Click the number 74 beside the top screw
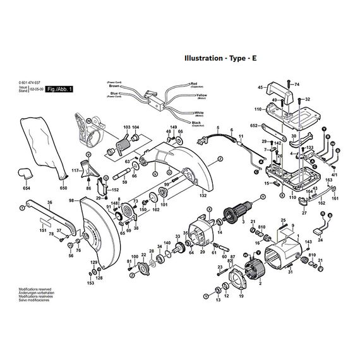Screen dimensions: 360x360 pyautogui.click(x=297, y=84)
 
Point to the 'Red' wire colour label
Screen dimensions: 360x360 pyautogui.click(x=194, y=83)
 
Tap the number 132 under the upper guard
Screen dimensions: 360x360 pyautogui.click(x=203, y=196)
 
